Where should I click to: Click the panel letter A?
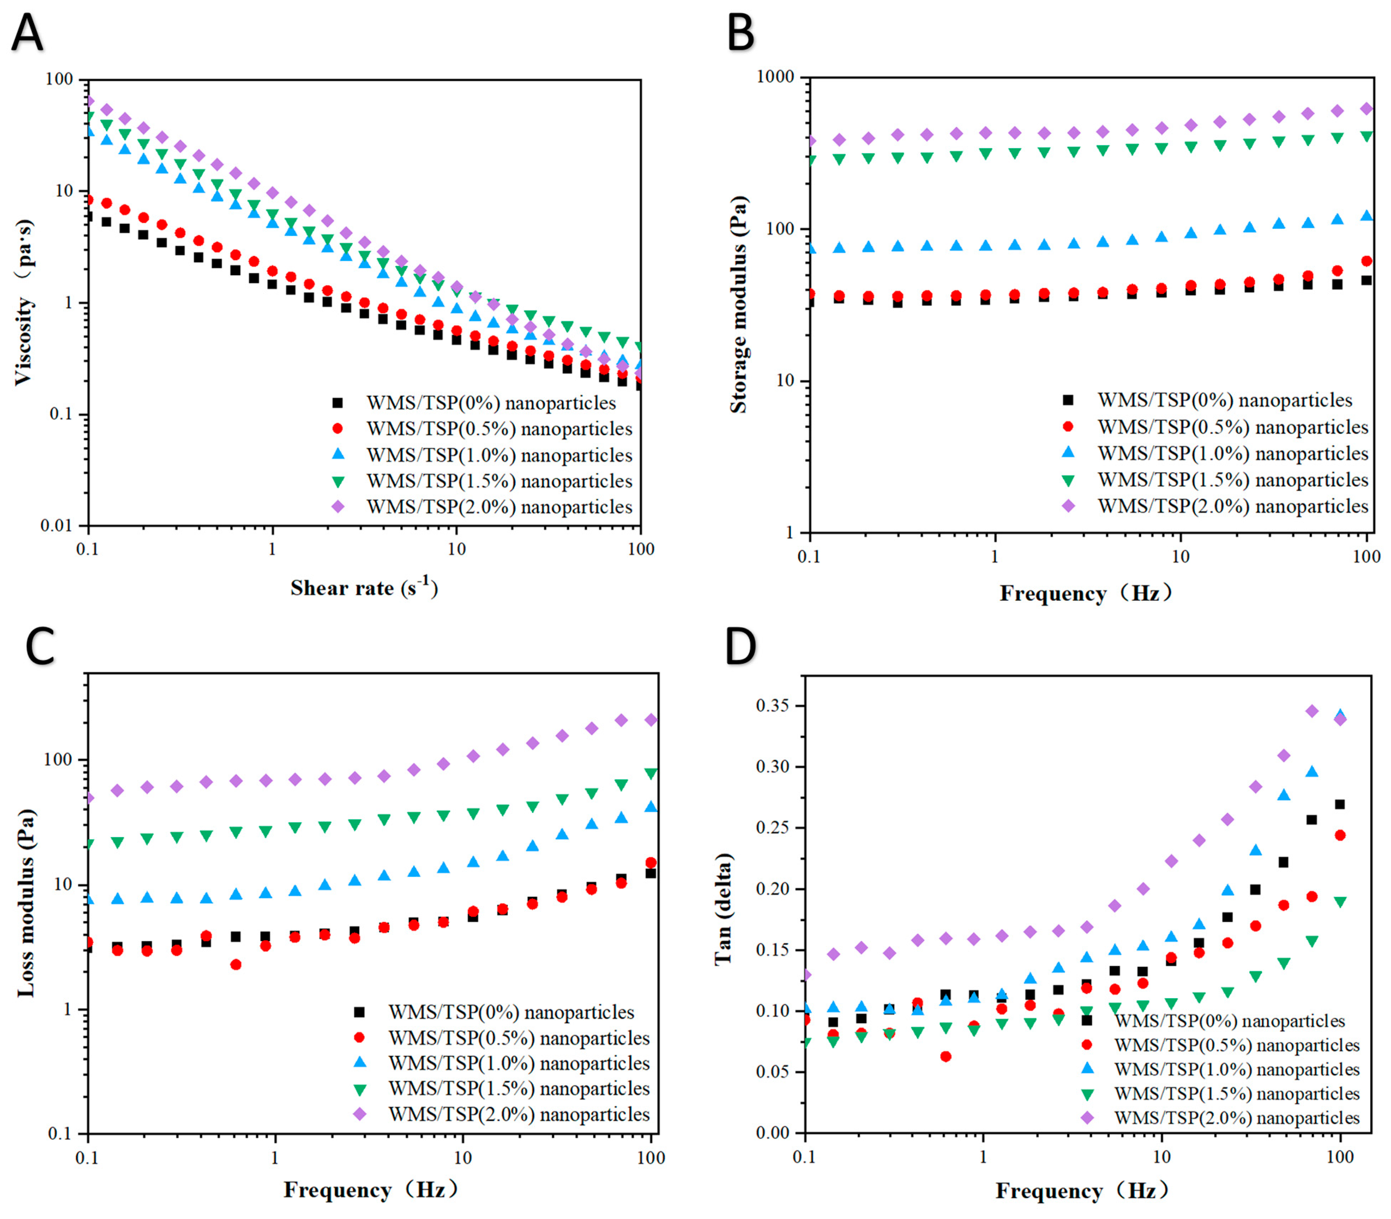(x=27, y=32)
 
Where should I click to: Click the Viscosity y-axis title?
(x=24, y=303)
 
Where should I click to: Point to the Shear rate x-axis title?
(x=364, y=588)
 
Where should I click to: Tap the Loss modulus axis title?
(x=26, y=903)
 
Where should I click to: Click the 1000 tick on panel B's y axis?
(x=776, y=77)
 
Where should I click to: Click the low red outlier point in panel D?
(x=946, y=1056)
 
